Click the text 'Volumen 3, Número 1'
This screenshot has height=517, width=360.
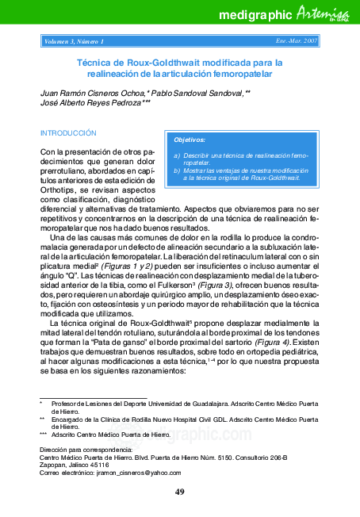coord(75,40)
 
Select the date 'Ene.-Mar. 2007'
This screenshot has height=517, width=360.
coord(297,40)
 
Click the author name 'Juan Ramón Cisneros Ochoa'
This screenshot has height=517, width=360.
coord(90,93)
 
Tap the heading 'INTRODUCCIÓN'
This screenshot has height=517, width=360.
coord(68,133)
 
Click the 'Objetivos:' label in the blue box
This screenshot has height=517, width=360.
coord(189,139)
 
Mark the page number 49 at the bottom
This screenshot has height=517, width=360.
coord(180,492)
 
